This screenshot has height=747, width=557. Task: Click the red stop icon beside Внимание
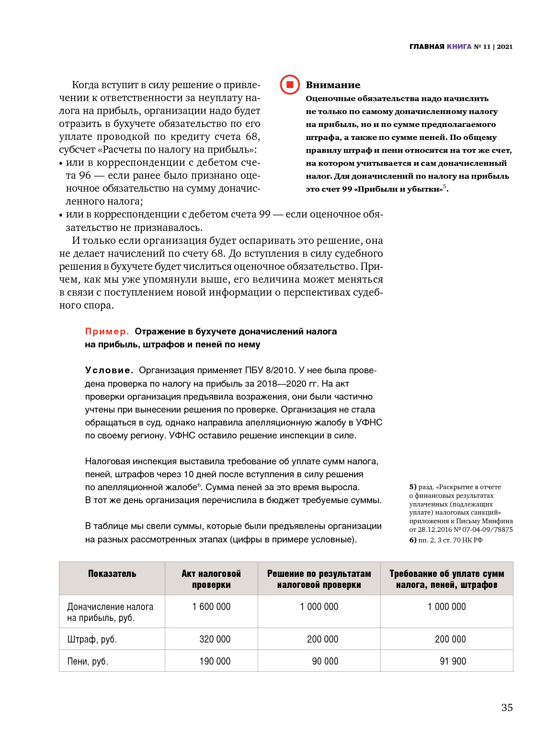point(290,85)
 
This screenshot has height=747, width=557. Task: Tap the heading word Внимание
point(333,85)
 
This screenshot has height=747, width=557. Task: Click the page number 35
point(507,708)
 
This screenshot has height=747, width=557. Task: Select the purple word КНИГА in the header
point(459,46)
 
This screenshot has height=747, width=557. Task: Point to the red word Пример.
point(107,332)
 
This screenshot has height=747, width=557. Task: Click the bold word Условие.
point(109,370)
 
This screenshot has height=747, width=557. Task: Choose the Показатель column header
point(112,574)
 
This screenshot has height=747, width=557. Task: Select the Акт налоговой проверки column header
point(211,579)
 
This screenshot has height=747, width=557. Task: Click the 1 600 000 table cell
point(211,607)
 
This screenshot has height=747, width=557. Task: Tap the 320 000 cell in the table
point(215,639)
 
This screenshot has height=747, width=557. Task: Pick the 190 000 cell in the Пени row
point(215,661)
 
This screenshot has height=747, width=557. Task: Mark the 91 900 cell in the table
point(453,661)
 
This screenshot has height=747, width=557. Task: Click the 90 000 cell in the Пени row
point(325,661)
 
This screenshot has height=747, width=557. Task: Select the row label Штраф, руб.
point(92,640)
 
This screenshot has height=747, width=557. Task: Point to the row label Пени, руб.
point(88,662)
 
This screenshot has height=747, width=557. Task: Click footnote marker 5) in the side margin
point(413,487)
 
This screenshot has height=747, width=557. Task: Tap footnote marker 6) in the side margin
point(413,540)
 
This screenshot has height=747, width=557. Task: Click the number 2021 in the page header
point(505,46)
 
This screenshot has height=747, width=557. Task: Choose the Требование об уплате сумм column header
point(446,579)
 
